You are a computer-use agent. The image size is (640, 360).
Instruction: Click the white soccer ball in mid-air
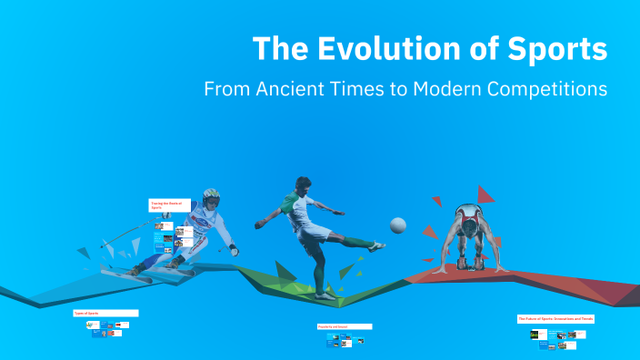pos(398,225)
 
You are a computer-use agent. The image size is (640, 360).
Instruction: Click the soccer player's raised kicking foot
pos(375,245)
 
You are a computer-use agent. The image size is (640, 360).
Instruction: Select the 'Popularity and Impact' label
pos(345,325)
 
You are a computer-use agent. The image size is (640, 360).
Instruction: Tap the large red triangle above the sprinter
pos(485,194)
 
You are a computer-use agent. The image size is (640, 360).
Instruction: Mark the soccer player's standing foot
pos(325,294)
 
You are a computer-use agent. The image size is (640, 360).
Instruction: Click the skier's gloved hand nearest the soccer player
pos(235,249)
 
